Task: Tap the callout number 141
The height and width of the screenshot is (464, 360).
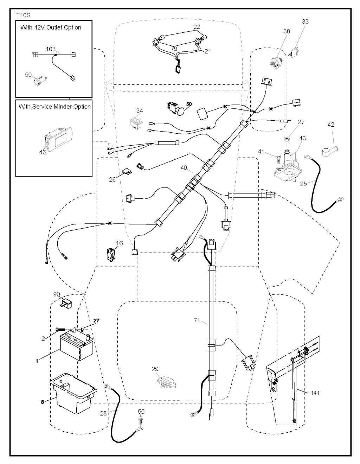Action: tap(315, 393)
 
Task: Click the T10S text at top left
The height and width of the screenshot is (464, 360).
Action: tap(23, 15)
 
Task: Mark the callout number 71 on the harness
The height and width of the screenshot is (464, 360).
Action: tap(197, 320)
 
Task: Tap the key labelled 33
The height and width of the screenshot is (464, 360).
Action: tap(295, 51)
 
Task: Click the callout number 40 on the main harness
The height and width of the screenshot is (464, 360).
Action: tap(184, 168)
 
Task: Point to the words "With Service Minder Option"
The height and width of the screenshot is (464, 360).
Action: tap(54, 107)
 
